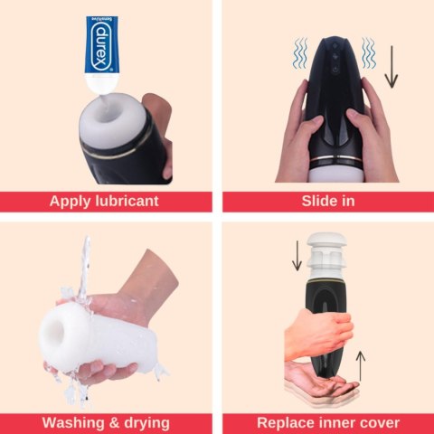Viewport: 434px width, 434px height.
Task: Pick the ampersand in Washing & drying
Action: tap(113, 422)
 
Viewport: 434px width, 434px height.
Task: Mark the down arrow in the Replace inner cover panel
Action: tap(297, 256)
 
